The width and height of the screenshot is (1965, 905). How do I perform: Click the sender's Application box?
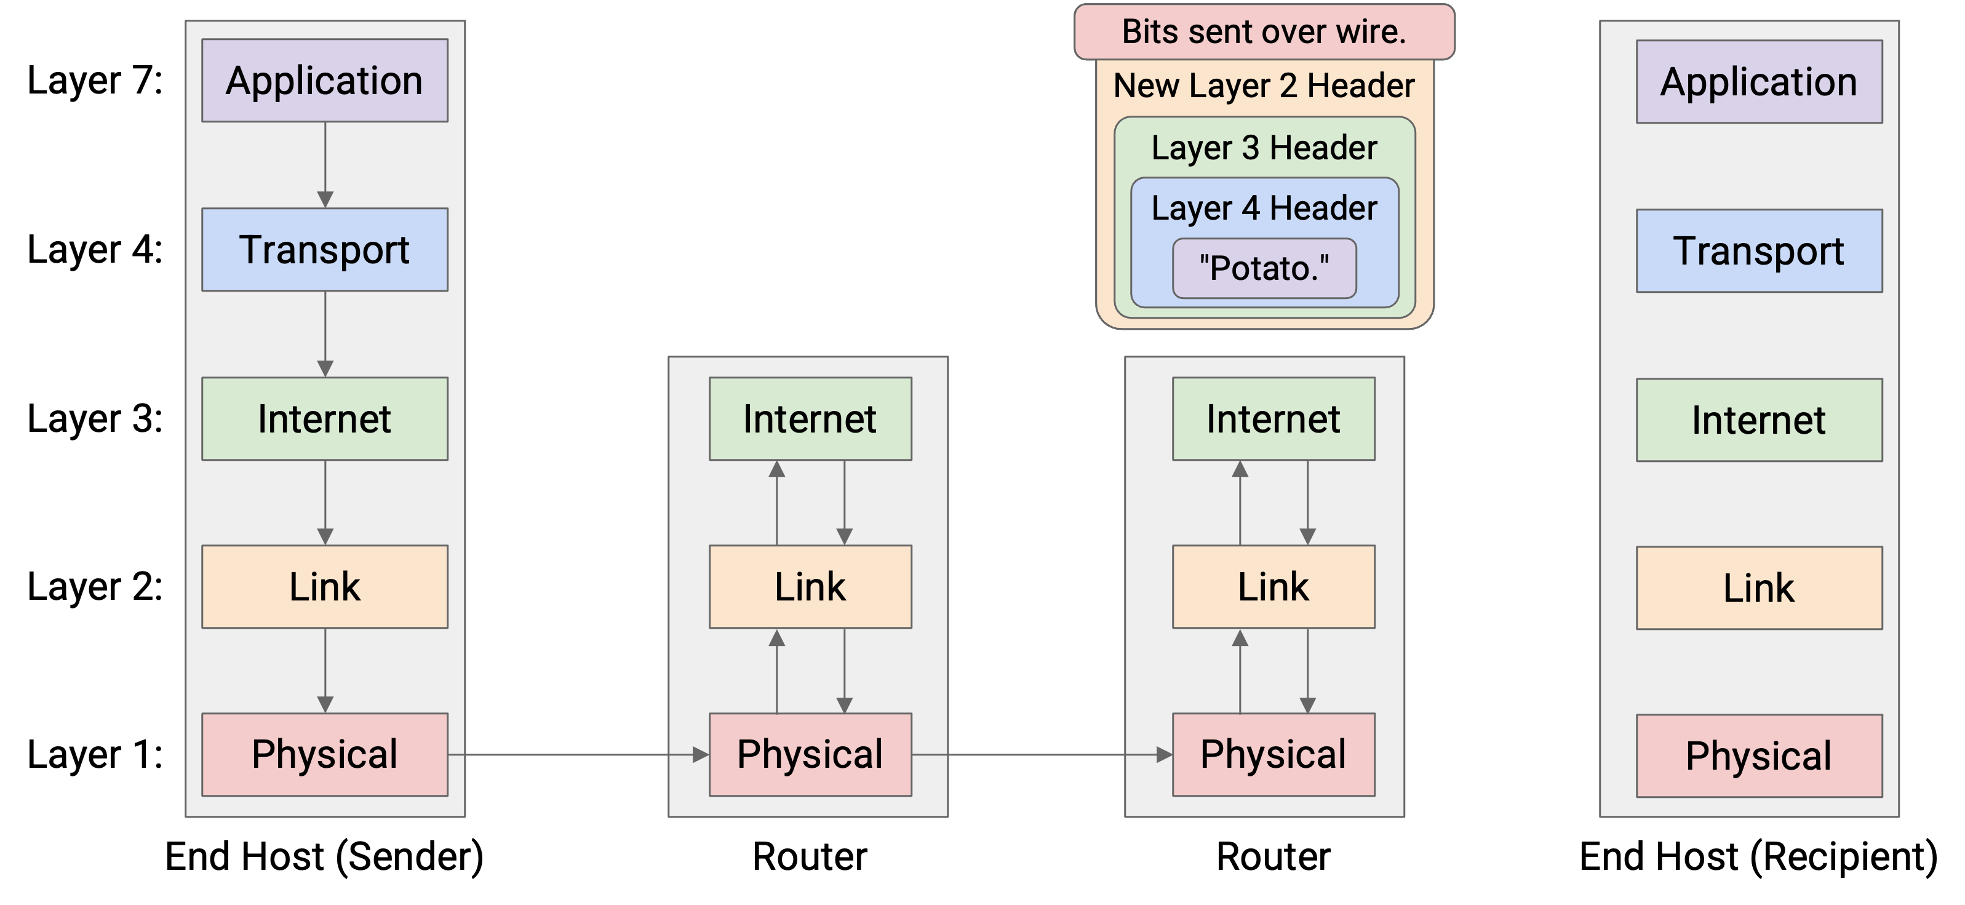tap(324, 80)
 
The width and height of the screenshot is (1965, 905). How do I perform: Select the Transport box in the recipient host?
tap(1759, 251)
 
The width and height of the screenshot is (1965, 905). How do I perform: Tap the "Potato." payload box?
tap(1264, 268)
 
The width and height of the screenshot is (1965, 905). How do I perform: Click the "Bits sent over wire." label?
tap(1264, 32)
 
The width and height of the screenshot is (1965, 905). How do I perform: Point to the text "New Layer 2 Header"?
tap(1264, 86)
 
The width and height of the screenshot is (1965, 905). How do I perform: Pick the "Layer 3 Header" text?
tap(1264, 147)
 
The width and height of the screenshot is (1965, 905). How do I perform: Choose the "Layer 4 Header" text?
tap(1264, 207)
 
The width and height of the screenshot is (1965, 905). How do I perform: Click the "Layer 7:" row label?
tap(95, 80)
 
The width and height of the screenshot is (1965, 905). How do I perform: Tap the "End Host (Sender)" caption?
tap(324, 856)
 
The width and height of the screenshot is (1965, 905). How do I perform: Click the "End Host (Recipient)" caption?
tap(1758, 856)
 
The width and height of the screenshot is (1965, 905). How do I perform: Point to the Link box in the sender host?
tap(324, 587)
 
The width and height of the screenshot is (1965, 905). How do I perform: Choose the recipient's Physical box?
tap(1759, 756)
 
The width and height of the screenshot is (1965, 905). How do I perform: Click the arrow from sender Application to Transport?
tap(325, 165)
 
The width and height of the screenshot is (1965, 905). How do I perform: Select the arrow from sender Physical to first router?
tap(579, 755)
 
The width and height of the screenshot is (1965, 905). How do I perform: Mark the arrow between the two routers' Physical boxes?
tap(1042, 755)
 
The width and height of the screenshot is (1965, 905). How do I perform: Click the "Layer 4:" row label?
tap(95, 250)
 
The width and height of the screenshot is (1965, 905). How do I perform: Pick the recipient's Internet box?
tap(1759, 420)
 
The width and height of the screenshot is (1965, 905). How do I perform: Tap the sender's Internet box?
tap(324, 419)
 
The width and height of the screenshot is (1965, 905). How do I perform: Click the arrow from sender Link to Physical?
tap(325, 671)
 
